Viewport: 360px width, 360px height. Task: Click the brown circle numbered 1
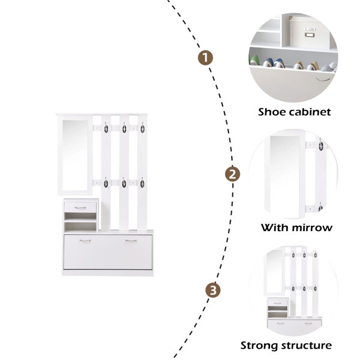point(205,58)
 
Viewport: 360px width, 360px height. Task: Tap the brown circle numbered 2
point(232,174)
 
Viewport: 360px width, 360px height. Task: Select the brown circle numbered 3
point(213,290)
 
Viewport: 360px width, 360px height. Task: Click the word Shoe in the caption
point(272,112)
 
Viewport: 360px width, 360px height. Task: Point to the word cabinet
point(310,112)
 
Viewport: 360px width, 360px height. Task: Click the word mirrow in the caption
point(311,228)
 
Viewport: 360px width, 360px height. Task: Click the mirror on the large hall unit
point(75,155)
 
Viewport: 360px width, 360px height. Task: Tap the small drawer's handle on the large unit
point(80,208)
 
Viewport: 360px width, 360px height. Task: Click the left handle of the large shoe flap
point(85,241)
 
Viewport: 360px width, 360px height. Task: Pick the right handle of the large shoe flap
point(131,241)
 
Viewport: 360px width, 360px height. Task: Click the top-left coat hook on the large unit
point(106,128)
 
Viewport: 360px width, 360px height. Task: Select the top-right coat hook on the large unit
point(143,128)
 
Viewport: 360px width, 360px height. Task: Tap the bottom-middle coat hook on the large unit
point(124,183)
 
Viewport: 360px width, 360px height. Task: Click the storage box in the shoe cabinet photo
point(310,32)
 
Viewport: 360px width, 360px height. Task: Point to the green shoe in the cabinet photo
point(254,60)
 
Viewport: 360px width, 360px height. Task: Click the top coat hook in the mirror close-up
point(321,145)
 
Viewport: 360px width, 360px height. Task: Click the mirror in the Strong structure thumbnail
point(274,272)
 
